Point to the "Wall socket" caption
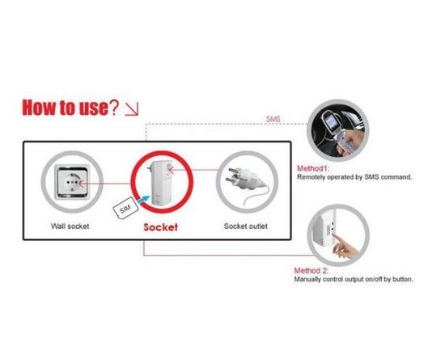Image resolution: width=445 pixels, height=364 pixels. [69, 226]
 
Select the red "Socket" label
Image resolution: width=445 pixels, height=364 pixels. [165, 227]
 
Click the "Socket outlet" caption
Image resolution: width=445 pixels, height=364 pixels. [245, 226]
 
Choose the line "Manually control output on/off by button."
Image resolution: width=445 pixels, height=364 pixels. [353, 279]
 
